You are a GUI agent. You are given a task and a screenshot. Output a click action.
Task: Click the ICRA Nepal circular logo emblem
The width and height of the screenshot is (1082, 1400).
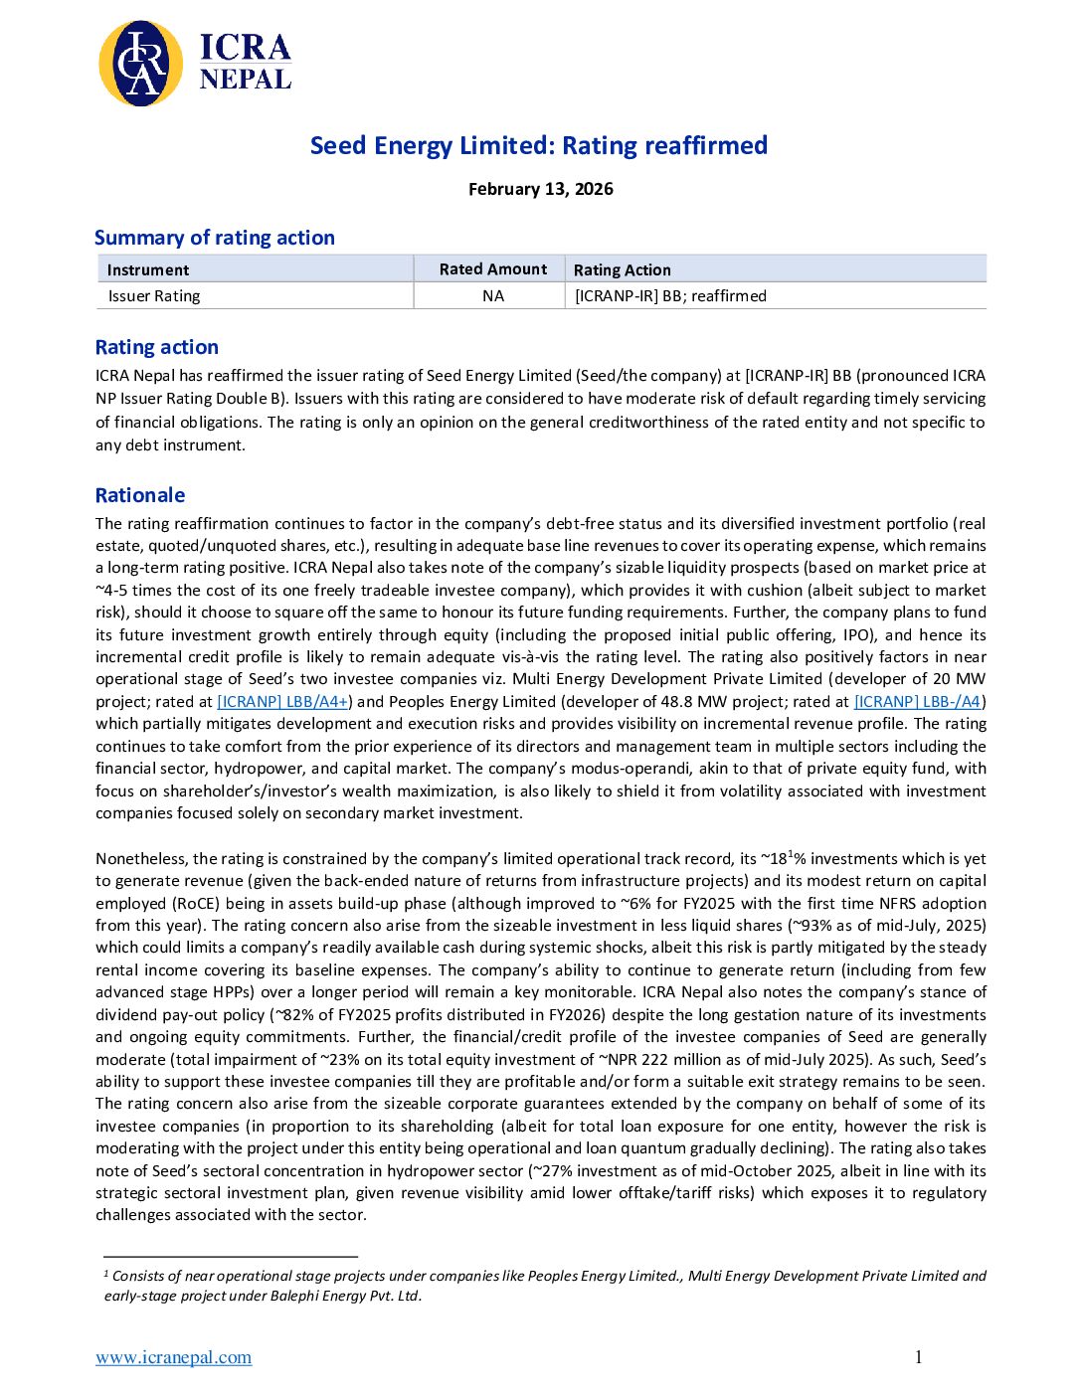point(141,64)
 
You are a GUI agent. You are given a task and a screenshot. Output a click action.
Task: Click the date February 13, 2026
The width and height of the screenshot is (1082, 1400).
point(540,189)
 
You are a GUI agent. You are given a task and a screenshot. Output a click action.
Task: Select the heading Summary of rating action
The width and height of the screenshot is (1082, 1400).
point(214,238)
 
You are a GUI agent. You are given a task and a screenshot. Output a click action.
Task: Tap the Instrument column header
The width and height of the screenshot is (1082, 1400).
point(148,269)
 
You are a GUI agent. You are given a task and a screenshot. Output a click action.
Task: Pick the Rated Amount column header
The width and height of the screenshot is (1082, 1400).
point(492,269)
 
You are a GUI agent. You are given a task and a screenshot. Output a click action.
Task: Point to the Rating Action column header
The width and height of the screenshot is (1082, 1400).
point(622,269)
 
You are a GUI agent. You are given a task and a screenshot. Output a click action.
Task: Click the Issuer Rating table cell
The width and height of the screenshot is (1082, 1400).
point(154,295)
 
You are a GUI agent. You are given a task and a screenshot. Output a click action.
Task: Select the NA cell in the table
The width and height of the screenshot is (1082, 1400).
point(492,295)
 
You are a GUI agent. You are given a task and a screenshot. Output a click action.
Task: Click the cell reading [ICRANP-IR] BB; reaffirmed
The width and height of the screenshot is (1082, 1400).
point(670,295)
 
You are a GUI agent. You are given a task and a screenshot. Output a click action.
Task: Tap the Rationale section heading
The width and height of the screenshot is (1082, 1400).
point(140,495)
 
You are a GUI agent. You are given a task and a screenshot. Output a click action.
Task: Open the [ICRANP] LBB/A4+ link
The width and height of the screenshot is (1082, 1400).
point(282,701)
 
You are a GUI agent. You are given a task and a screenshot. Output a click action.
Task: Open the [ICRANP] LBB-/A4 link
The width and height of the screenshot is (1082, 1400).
point(917,701)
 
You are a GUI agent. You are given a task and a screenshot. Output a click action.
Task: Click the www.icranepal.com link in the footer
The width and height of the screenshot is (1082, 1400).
point(173,1357)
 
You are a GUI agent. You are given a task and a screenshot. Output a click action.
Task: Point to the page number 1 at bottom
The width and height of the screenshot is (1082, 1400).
point(918,1357)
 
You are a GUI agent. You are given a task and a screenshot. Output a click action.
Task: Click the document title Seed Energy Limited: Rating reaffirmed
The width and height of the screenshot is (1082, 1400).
point(539,145)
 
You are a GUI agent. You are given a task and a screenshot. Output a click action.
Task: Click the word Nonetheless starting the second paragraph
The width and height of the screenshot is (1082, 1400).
point(141,859)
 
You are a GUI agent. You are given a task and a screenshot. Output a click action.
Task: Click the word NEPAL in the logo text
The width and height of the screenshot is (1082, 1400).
point(245,79)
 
